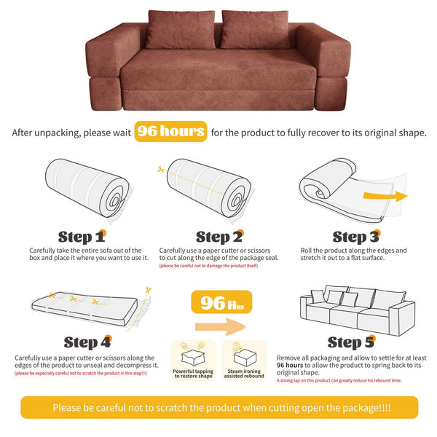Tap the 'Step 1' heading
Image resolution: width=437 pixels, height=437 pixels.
tap(81, 237)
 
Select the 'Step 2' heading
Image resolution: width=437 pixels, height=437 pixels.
tap(218, 237)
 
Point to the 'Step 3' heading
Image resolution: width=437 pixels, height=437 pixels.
tap(355, 237)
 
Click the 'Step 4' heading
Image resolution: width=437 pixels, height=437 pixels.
tap(87, 342)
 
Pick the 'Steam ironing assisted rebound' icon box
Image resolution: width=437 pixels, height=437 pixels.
tap(245, 360)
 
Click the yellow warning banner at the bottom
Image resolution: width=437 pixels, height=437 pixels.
tap(219, 407)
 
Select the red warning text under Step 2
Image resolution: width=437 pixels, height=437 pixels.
tap(208, 266)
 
